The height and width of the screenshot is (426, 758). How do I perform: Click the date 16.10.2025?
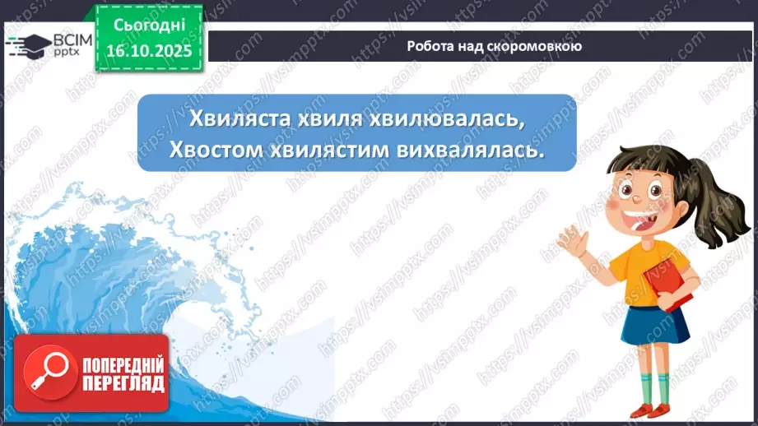click(x=149, y=51)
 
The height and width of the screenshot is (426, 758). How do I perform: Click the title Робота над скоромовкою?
click(x=494, y=46)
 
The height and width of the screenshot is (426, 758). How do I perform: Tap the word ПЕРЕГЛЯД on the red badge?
click(x=123, y=383)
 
